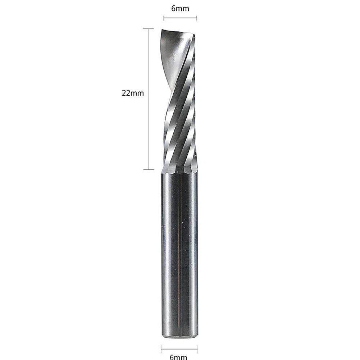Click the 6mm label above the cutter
pos(180,8)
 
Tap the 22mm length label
pos(133,93)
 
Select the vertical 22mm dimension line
pos(149,108)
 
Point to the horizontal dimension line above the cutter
pos(180,17)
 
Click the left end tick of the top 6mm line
pos(164,17)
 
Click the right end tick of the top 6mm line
pos(196,17)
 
